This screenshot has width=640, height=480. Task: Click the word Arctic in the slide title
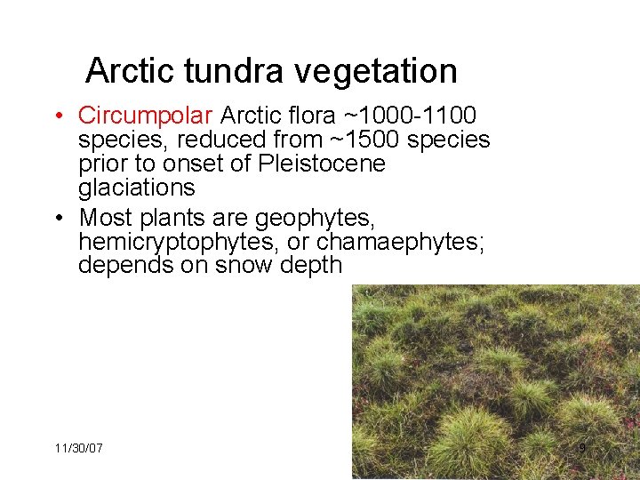pyautogui.click(x=129, y=70)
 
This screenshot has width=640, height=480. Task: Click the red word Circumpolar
pyautogui.click(x=145, y=116)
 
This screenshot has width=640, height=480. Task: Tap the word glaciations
pyautogui.click(x=136, y=188)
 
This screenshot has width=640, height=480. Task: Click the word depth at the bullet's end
pyautogui.click(x=309, y=265)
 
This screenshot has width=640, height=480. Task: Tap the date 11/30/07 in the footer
pyautogui.click(x=78, y=448)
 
